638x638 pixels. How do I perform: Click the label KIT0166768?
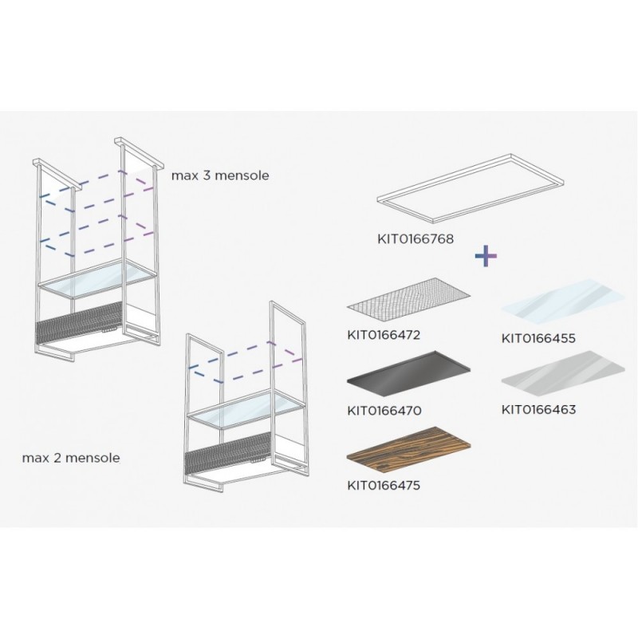pos(415,238)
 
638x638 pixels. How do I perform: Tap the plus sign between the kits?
pos(486,256)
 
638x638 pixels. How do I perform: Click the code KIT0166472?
pos(384,335)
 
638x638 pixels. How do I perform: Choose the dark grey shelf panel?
pos(408,373)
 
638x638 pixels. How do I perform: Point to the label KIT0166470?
pos(384,410)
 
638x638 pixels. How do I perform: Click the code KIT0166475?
pos(384,486)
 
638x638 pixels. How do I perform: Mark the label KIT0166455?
pos(538,338)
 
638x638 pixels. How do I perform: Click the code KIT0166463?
pos(538,409)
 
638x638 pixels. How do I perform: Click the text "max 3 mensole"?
pos(220,175)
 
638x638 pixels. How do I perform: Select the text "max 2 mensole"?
pos(71,458)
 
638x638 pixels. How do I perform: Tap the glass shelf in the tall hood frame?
pos(97,278)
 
